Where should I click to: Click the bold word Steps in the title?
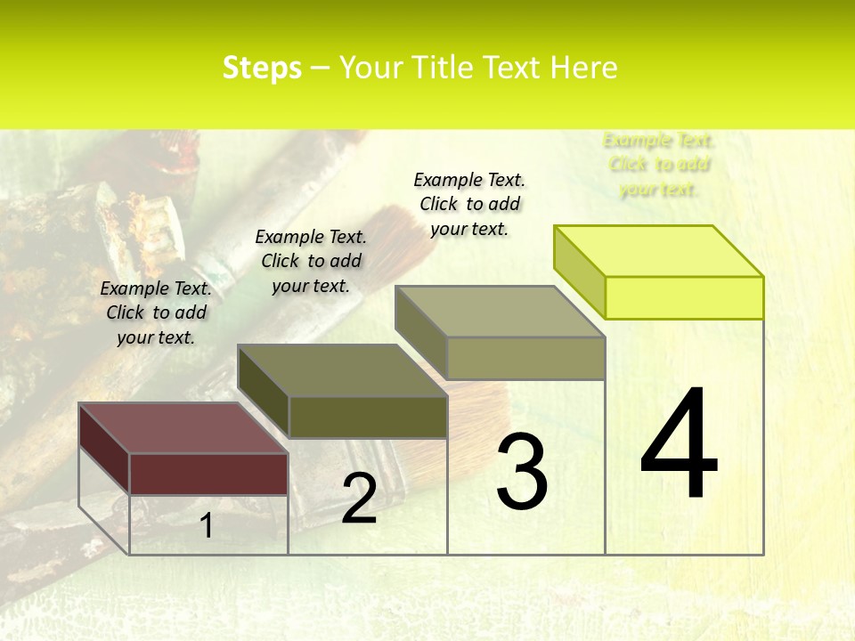(x=262, y=69)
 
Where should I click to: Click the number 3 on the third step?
(x=521, y=472)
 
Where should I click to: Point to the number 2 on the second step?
(x=359, y=499)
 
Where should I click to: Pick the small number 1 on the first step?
(x=207, y=525)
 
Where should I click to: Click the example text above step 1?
(x=156, y=313)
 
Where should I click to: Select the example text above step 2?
(x=311, y=262)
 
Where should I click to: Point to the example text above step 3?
(x=469, y=205)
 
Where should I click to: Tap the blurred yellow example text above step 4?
(x=659, y=165)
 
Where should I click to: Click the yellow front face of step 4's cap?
(x=684, y=297)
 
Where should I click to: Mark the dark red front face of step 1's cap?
(x=208, y=474)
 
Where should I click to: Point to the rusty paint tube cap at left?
(x=134, y=223)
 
